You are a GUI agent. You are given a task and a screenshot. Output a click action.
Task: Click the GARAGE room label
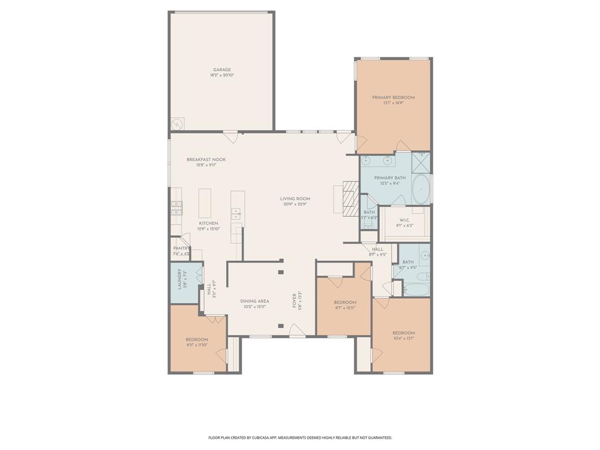tap(221, 70)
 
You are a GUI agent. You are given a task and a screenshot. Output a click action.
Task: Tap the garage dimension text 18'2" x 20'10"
tap(221, 76)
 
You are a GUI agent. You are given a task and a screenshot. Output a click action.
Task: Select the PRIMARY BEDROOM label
tap(393, 97)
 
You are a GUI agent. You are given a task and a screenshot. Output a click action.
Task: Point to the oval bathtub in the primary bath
tap(421, 189)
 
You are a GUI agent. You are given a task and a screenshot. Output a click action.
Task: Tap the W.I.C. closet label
tap(404, 220)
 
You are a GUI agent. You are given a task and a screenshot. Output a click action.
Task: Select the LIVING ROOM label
tap(295, 199)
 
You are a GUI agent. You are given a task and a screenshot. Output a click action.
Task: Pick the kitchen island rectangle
tap(205, 203)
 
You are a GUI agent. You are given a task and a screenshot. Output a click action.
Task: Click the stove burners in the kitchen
tap(176, 208)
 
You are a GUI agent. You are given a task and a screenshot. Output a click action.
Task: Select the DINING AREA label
tap(254, 301)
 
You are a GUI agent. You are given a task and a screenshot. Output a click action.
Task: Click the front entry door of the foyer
tap(297, 335)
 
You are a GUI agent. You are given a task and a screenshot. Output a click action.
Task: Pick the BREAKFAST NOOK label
tap(206, 159)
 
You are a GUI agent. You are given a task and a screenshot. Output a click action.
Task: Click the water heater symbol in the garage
tap(177, 124)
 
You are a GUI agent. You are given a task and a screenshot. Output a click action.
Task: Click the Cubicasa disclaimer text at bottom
tap(300, 438)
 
